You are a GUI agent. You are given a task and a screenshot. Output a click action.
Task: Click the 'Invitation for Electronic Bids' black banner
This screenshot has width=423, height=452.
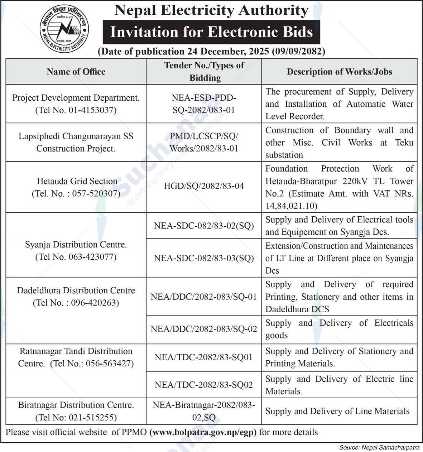tap(211, 32)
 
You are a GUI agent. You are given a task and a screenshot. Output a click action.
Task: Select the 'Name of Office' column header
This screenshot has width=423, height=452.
tap(76, 72)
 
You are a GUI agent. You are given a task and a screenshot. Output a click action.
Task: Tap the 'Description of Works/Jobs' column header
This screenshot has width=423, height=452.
tap(339, 72)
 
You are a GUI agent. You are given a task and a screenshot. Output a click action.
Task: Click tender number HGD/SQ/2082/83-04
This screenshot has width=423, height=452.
tap(204, 186)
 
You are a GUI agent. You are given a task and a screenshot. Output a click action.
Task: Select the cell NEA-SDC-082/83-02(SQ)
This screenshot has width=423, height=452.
tap(204, 226)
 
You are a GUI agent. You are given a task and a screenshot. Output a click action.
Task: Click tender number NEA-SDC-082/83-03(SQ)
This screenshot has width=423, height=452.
tap(204, 258)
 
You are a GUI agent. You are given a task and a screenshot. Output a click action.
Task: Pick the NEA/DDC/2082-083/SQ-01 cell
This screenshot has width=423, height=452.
tap(204, 297)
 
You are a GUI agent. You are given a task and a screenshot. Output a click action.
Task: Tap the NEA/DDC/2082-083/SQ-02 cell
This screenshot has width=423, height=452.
tap(204, 329)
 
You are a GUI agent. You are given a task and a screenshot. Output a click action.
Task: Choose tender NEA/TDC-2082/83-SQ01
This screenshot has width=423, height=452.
tap(204, 357)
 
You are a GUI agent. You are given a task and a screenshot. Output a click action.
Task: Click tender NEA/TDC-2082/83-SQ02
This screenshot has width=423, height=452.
tap(204, 385)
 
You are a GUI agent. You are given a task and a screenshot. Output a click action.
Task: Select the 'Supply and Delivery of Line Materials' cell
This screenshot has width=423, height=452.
tap(337, 411)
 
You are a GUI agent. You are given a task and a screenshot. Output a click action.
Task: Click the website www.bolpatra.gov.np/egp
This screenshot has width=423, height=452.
tap(203, 432)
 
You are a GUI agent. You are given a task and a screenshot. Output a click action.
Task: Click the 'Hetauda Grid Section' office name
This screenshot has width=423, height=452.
tap(77, 181)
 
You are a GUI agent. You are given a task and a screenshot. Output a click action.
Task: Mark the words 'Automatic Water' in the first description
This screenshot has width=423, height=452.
tap(380, 104)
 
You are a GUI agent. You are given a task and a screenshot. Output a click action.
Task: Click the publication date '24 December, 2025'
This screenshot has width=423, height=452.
tap(228, 52)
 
